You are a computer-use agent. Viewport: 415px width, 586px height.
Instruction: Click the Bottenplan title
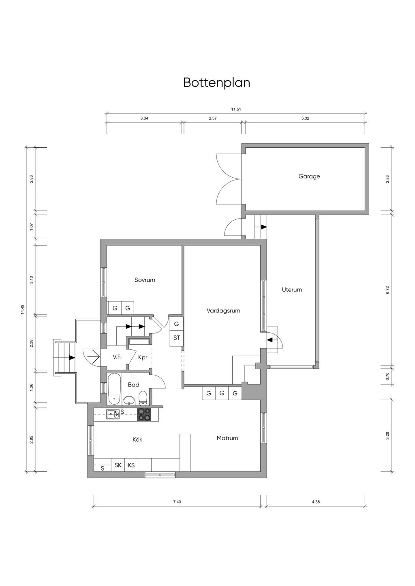tap(216, 83)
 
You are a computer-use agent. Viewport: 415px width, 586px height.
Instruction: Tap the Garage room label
tap(309, 176)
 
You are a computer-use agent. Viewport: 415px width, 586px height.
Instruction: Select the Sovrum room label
tap(145, 280)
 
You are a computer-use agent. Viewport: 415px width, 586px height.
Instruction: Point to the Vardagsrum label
tap(223, 311)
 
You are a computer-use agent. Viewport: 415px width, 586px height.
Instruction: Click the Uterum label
tap(292, 290)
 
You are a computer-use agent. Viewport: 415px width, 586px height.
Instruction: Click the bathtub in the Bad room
tap(115, 389)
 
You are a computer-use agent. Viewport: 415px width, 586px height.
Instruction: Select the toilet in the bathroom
tap(143, 398)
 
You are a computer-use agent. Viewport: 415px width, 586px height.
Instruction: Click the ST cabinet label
tap(177, 338)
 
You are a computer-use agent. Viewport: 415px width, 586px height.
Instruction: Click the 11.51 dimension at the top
tap(236, 110)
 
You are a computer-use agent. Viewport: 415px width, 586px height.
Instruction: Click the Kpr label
tap(143, 357)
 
